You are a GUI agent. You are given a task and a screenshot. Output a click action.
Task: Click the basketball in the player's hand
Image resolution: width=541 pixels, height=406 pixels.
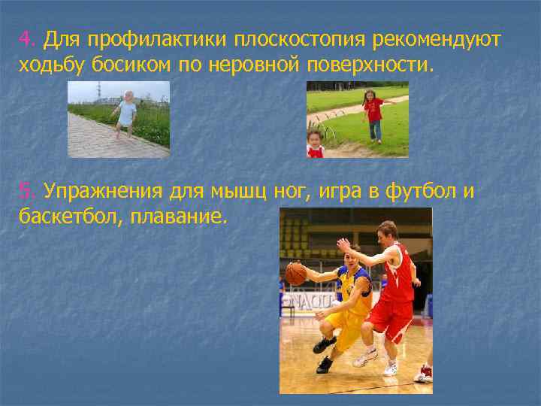(295, 274)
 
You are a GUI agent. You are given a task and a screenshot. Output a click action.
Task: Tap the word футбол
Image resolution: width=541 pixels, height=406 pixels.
(420, 192)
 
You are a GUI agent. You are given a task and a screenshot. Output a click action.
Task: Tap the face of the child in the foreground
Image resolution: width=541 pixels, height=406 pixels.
(315, 141)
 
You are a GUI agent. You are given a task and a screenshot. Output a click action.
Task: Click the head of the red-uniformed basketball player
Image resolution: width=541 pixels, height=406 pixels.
(388, 234)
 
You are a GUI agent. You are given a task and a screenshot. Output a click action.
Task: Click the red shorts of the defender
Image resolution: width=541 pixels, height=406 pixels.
(390, 319)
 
